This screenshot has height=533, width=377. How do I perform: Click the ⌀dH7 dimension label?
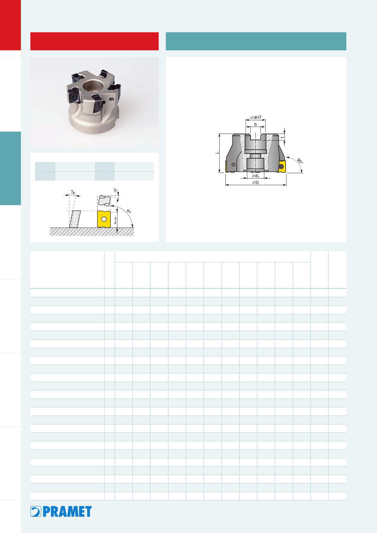[x=256, y=117]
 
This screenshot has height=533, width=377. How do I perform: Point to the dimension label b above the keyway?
[x=256, y=124]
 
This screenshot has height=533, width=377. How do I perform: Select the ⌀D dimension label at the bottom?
[x=255, y=183]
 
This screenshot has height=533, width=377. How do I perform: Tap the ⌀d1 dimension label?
[x=255, y=176]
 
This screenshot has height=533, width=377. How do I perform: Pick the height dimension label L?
[x=217, y=153]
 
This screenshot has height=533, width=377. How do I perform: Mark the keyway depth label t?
[x=282, y=137]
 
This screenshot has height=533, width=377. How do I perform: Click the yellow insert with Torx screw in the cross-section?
[x=282, y=166]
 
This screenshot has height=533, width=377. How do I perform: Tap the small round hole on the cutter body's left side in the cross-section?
[x=234, y=164]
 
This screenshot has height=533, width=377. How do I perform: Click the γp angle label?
[x=73, y=192]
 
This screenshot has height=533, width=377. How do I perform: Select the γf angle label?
[x=115, y=190]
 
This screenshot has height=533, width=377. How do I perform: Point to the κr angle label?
[x=129, y=211]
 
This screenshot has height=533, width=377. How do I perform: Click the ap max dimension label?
[x=115, y=220]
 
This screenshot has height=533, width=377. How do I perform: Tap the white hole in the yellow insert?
[x=104, y=219]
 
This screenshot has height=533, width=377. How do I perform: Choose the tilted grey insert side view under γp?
[x=75, y=219]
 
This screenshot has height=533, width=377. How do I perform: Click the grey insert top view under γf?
[x=104, y=201]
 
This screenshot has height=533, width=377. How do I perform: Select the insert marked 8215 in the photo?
[x=97, y=103]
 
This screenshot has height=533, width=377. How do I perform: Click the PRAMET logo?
[x=61, y=511]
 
